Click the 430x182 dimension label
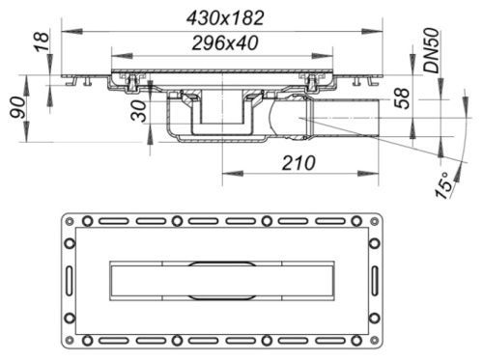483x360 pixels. click(225, 18)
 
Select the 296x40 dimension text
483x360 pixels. click(225, 43)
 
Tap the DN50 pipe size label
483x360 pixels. click(431, 51)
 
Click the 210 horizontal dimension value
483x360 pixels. click(298, 163)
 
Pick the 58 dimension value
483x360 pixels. click(402, 98)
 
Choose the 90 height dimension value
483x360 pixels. click(17, 108)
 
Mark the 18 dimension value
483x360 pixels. click(42, 41)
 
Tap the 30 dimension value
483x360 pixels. click(139, 111)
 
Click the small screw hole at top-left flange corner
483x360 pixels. click(70, 221)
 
